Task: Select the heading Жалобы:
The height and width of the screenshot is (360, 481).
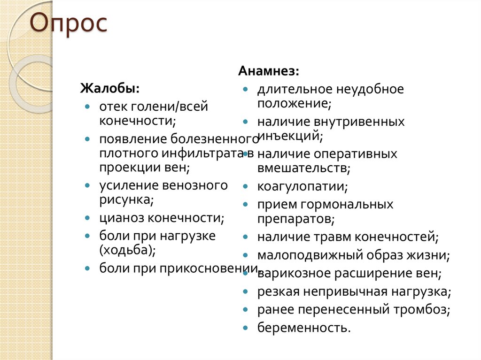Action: pyautogui.click(x=109, y=88)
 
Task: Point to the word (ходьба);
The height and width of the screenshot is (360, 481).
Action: pyautogui.click(x=127, y=250)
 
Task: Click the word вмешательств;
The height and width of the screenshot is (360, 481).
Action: pyautogui.click(x=303, y=168)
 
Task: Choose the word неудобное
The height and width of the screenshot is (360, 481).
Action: pyautogui.click(x=370, y=89)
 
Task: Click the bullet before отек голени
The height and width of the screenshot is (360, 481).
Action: pyautogui.click(x=88, y=107)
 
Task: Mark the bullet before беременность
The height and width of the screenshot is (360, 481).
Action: pyautogui.click(x=246, y=327)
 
